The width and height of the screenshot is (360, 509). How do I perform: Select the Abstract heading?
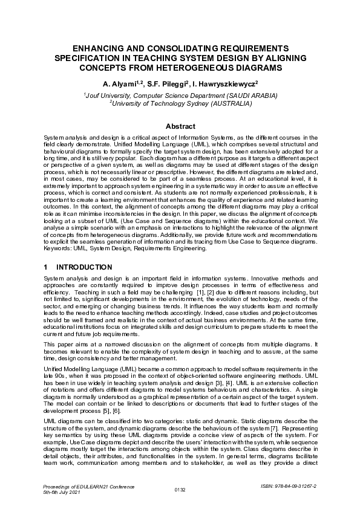[x=180, y=126]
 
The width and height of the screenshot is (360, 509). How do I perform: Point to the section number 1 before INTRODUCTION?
[x=47, y=267]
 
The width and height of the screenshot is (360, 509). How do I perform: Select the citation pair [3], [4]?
[x=239, y=384]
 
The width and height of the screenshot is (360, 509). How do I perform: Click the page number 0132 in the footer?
[x=180, y=489]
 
